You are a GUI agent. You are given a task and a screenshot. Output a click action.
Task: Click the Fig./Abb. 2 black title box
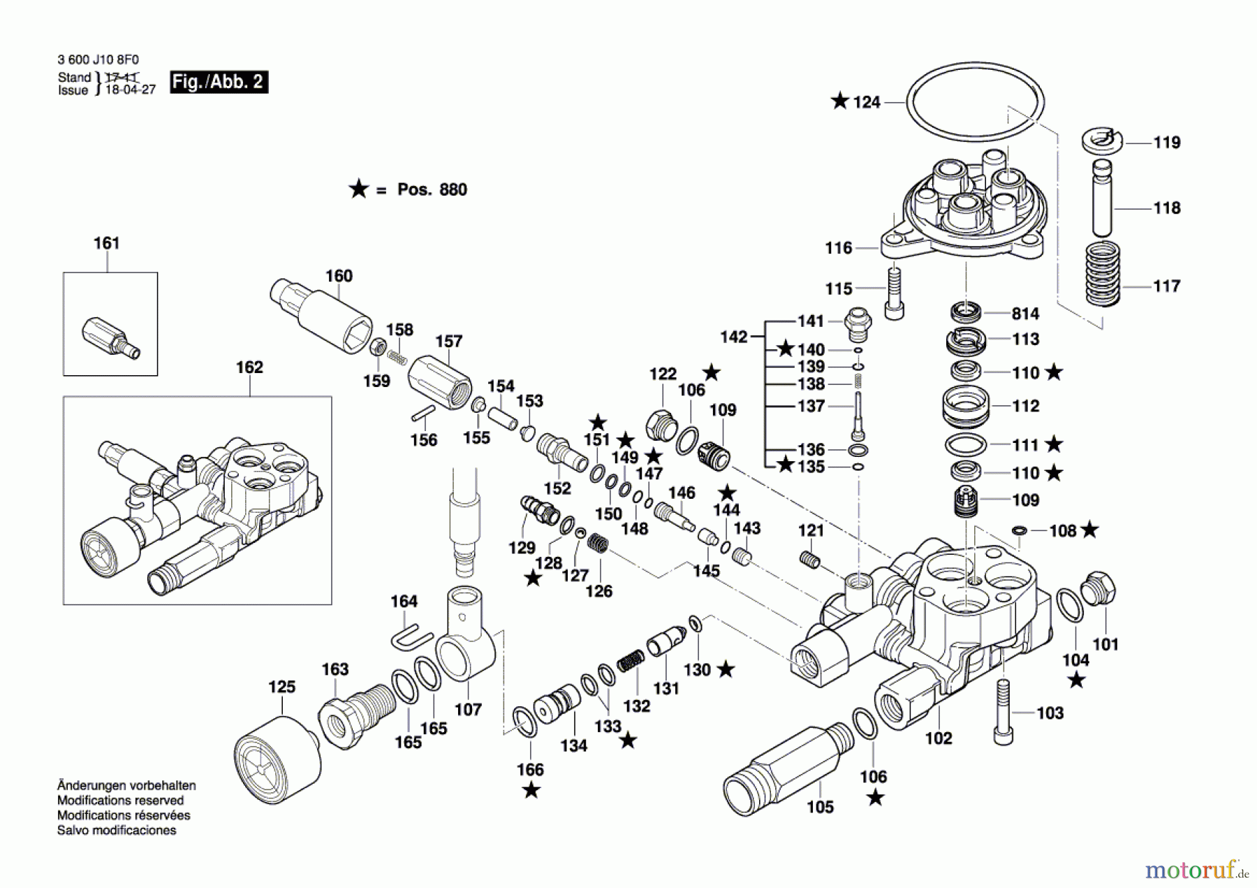tap(219, 82)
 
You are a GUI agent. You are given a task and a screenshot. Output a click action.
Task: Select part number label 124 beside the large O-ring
tap(866, 102)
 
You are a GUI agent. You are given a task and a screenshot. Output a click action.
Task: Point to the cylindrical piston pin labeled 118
tap(1101, 198)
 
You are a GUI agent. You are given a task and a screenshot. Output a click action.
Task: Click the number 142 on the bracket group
tap(734, 337)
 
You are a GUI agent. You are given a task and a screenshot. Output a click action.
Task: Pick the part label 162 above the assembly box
tap(249, 367)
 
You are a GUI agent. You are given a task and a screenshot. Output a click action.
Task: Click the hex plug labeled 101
tap(1098, 590)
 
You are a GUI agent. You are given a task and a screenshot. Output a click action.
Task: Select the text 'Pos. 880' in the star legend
tap(432, 189)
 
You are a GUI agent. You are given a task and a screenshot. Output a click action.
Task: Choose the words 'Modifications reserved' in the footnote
tap(120, 801)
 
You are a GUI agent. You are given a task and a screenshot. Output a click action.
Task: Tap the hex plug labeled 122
tap(660, 424)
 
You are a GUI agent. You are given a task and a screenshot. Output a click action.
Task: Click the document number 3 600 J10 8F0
tap(98, 60)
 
